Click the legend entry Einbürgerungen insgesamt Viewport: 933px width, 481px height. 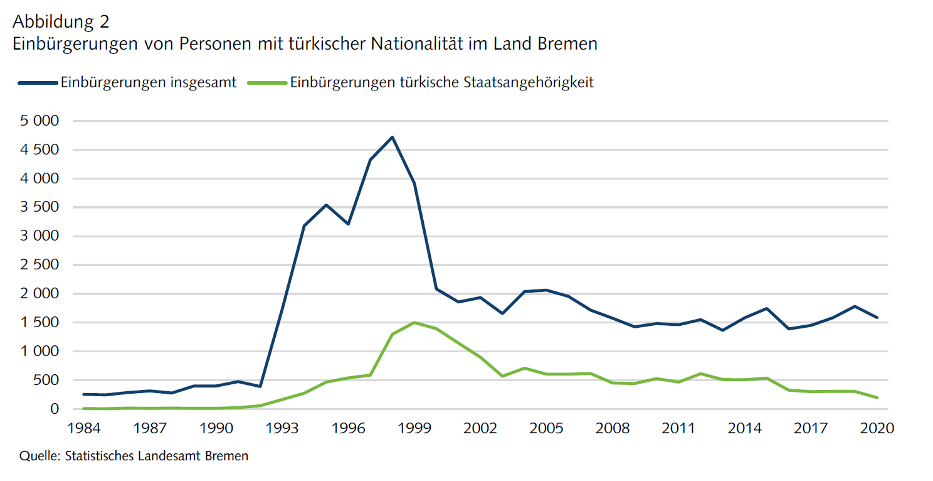(x=149, y=83)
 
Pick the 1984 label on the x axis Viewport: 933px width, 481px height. (x=83, y=429)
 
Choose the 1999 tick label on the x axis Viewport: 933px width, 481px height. (x=414, y=429)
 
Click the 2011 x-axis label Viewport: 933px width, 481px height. (x=679, y=429)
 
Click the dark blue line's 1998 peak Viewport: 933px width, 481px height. (x=392, y=137)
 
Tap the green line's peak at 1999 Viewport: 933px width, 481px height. (x=414, y=323)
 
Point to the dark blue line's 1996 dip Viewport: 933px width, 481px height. (x=348, y=224)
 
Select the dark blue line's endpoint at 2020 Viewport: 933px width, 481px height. (x=877, y=318)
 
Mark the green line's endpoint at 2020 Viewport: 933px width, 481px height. (x=877, y=397)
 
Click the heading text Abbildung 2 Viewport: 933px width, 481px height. (x=61, y=21)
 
